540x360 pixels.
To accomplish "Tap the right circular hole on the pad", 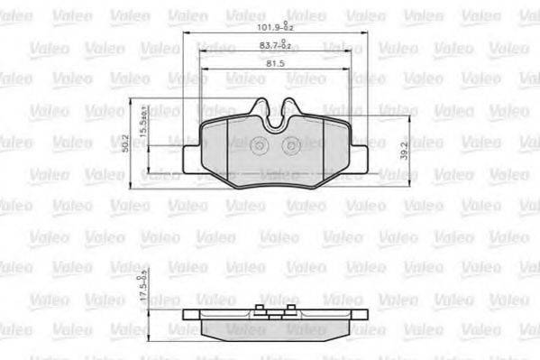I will (x=290, y=147).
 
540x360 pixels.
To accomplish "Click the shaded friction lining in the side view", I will (x=274, y=328).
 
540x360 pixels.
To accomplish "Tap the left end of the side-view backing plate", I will (x=187, y=317).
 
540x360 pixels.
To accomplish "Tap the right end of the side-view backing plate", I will (x=362, y=317).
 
